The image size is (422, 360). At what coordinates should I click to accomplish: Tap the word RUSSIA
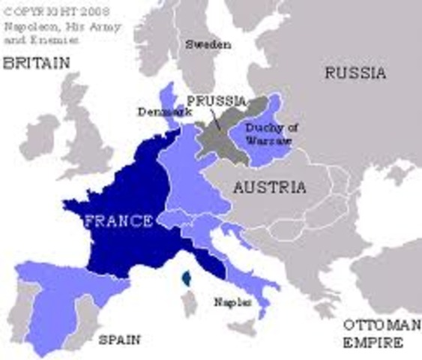click(x=355, y=73)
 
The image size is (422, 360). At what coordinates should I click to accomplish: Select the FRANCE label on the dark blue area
click(x=119, y=221)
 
